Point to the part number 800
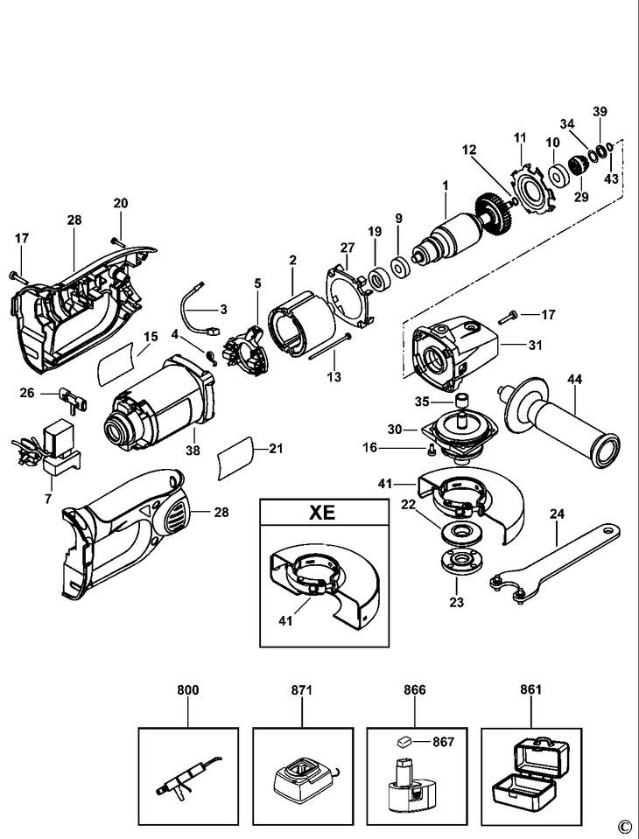[x=188, y=689]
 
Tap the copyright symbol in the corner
[x=623, y=824]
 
